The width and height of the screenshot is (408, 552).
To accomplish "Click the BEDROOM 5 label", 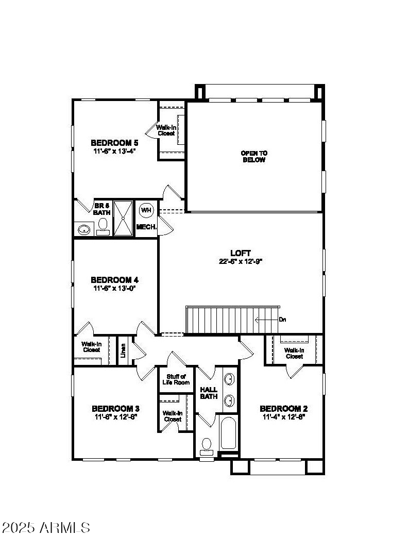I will [x=115, y=143].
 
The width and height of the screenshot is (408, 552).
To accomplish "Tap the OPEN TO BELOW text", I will [x=254, y=156].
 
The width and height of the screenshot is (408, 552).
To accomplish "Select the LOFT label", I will [x=241, y=253].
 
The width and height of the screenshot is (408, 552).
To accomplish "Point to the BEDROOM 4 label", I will [x=114, y=280].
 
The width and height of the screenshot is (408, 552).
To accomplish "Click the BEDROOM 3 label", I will [x=115, y=408].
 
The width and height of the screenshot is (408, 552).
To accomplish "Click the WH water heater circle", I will [x=146, y=210].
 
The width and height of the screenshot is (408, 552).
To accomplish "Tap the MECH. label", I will [x=146, y=227].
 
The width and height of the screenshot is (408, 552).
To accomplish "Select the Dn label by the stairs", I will [x=282, y=320].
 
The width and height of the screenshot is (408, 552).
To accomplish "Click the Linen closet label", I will [x=123, y=350].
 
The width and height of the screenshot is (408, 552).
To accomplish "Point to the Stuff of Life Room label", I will [x=176, y=379].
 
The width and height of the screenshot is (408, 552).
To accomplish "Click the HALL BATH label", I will [x=209, y=393].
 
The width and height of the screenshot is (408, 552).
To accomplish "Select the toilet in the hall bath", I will [x=207, y=445].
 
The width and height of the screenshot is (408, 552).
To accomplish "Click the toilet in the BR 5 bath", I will [x=103, y=225].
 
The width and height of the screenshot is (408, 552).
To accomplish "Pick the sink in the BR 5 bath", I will [x=83, y=228].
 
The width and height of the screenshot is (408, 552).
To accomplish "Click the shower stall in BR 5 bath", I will [x=123, y=218].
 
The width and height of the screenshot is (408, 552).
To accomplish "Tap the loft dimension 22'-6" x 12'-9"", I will [x=241, y=261].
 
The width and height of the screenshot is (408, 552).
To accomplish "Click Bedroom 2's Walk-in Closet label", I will [x=294, y=353].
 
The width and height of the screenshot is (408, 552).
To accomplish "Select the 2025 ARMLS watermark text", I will [x=46, y=527].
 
